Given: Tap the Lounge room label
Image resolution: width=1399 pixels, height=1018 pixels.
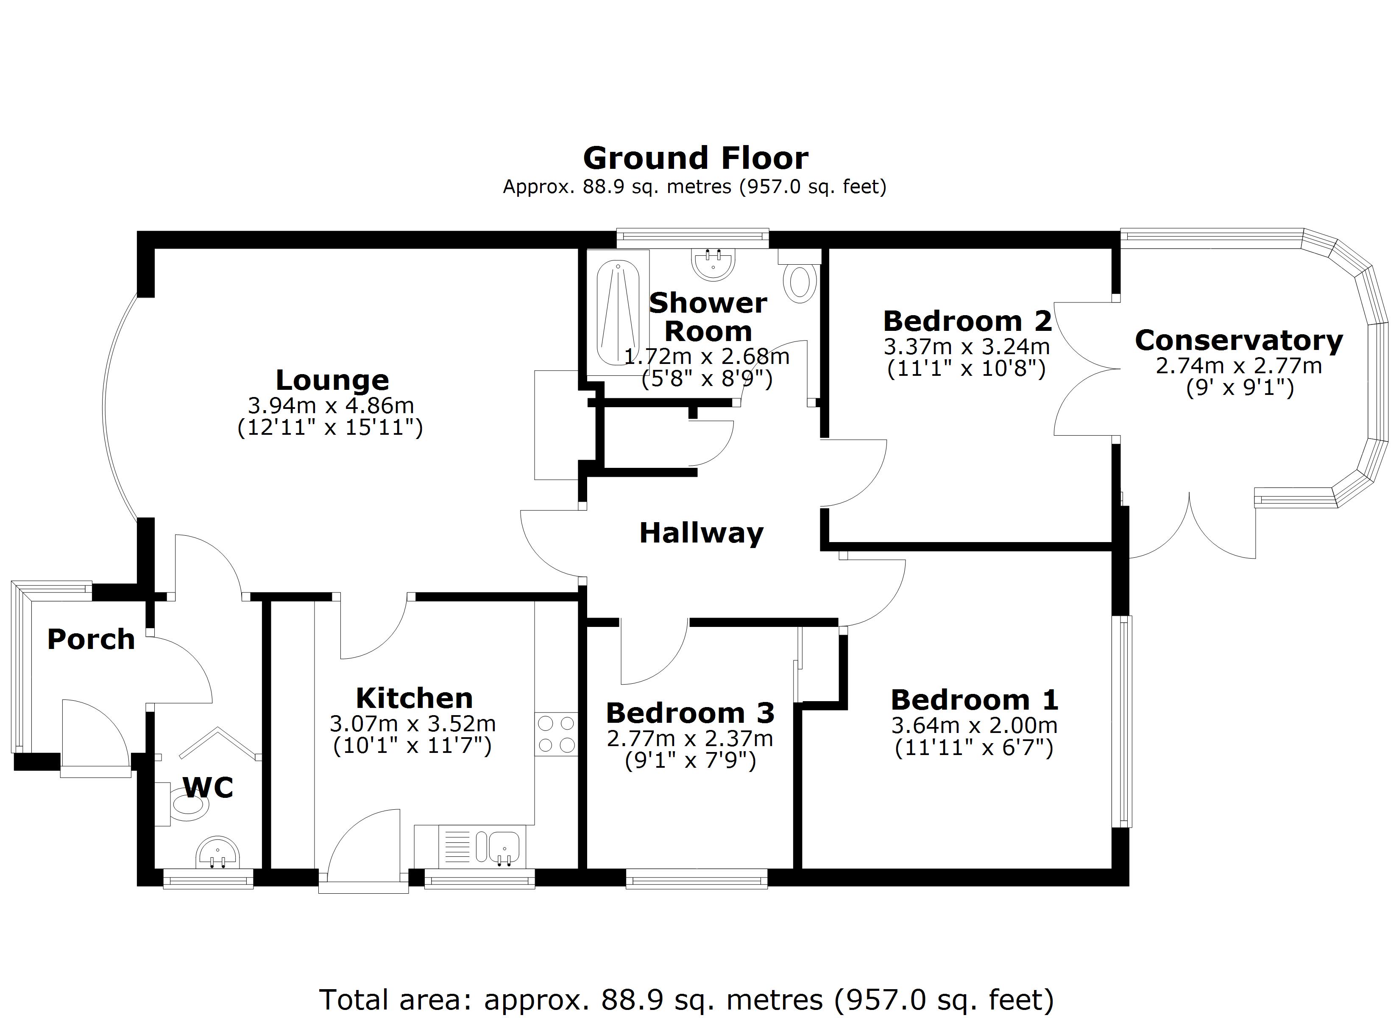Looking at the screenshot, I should pyautogui.click(x=332, y=380).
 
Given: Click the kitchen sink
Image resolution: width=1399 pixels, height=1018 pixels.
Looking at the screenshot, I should pyautogui.click(x=504, y=846).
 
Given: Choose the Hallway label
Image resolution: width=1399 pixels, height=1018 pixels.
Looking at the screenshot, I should pyautogui.click(x=701, y=533).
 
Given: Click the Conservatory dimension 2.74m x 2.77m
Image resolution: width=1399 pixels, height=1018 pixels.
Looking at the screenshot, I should pyautogui.click(x=1239, y=366).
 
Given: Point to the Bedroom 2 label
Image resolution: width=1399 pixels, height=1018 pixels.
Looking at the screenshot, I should pyautogui.click(x=967, y=321).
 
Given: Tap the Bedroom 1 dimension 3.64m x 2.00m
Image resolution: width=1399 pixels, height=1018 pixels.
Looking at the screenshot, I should pyautogui.click(x=974, y=725).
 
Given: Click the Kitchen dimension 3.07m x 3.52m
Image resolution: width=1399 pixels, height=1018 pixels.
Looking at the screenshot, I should pyautogui.click(x=412, y=723).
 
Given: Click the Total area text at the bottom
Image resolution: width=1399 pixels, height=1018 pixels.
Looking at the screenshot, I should pyautogui.click(x=686, y=998).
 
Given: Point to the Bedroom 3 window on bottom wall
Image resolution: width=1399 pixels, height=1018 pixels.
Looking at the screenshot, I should pyautogui.click(x=697, y=878).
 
